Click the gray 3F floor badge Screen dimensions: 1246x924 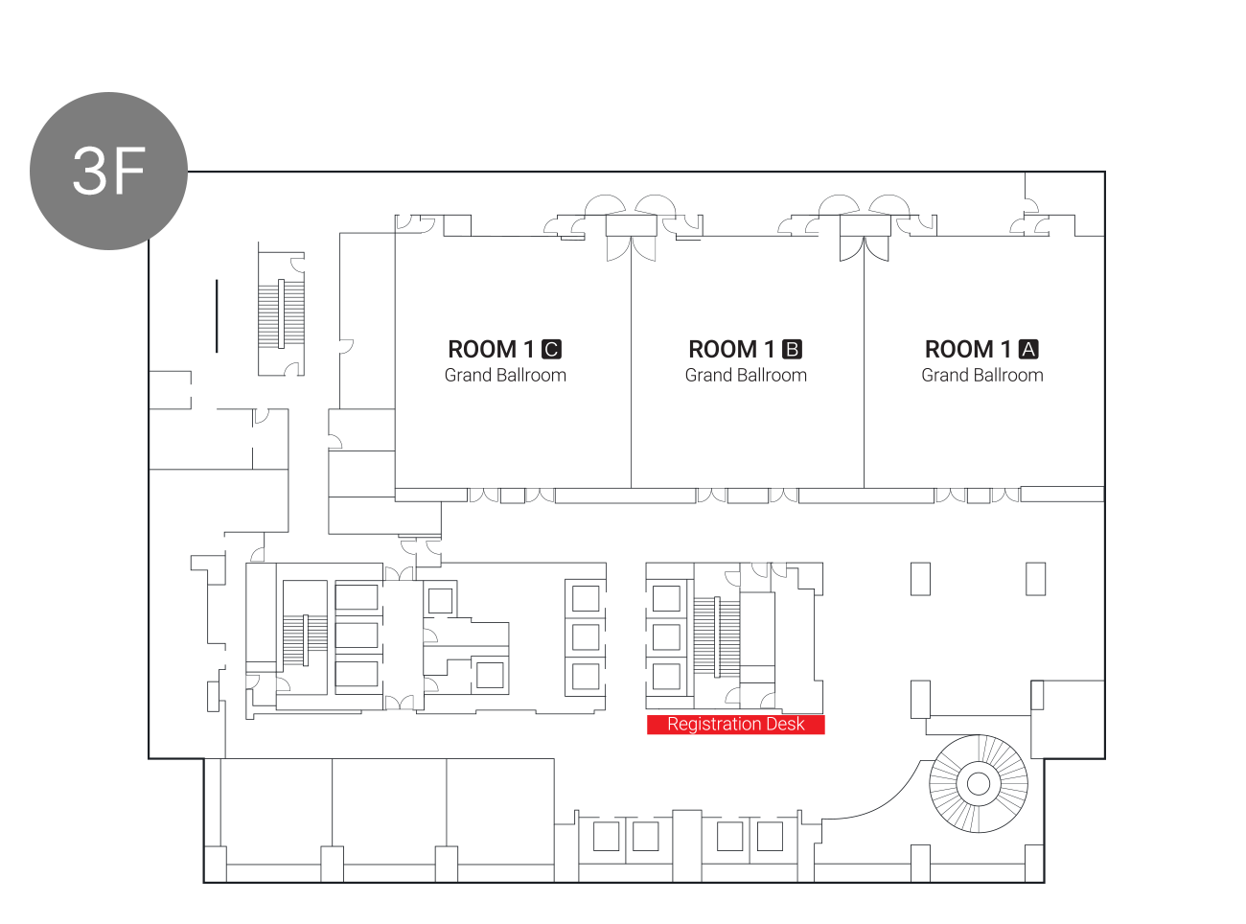108,171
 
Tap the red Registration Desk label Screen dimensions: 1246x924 735,724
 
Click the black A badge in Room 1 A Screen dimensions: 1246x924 1028,349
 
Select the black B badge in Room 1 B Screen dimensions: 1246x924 792,349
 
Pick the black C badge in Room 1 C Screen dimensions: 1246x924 551,349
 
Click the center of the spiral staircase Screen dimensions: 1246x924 978,783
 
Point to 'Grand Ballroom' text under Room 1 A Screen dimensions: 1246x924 982,375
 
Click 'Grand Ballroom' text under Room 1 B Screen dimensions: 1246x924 746,375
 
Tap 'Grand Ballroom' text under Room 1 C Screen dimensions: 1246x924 505,375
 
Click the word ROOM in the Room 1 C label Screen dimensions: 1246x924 482,349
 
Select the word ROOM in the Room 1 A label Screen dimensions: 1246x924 958,349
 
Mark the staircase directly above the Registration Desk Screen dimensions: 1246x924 717,637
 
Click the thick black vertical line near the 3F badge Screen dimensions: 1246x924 217,316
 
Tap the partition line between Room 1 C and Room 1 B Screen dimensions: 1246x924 631,362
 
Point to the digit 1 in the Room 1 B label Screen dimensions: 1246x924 769,349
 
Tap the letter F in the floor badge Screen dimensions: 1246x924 128,171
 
